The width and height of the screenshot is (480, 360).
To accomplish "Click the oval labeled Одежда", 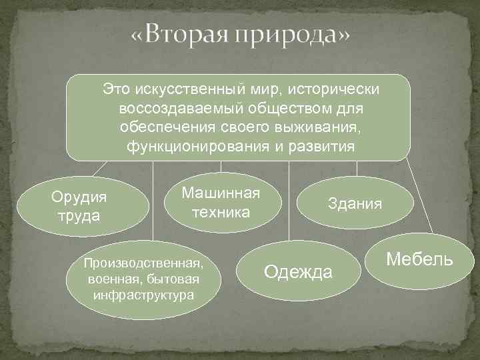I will [x=297, y=271].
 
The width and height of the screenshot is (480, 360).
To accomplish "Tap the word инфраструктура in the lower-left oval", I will [x=144, y=294].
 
